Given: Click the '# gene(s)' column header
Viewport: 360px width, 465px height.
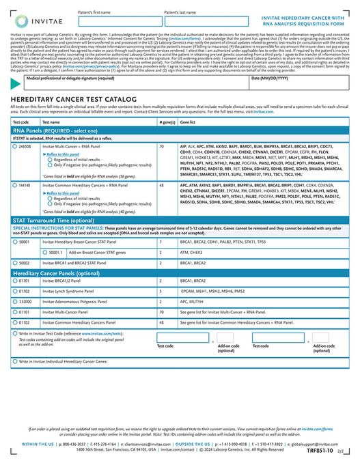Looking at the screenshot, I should (167, 122).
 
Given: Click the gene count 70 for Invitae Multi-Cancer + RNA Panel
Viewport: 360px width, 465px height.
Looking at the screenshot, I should (161, 147).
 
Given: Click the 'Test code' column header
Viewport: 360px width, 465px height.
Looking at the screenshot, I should (22, 122).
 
